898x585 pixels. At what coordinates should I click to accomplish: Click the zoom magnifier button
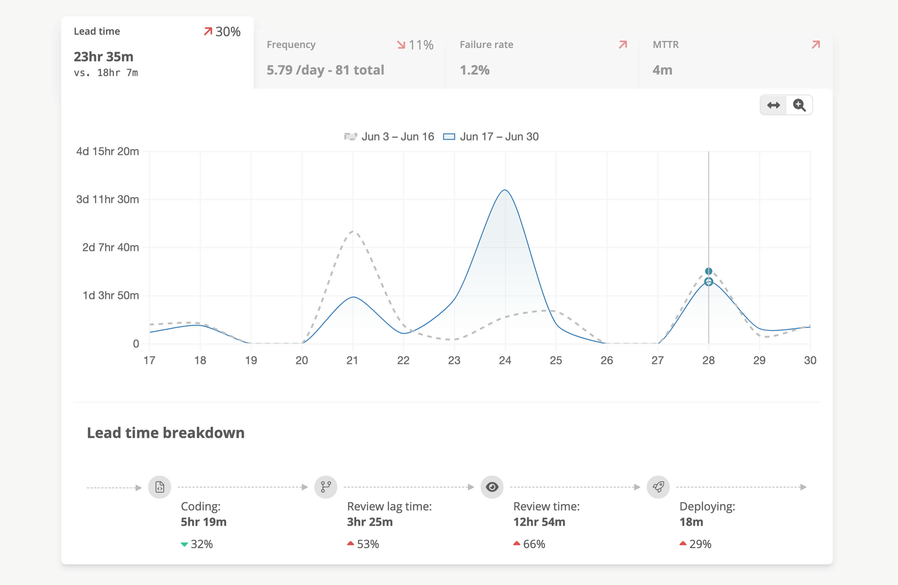point(799,105)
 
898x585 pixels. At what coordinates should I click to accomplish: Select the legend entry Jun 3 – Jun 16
point(389,136)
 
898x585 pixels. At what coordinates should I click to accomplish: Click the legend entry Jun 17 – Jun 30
point(491,136)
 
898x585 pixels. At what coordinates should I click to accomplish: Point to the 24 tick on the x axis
point(505,360)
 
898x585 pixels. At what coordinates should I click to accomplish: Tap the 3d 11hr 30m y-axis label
point(108,199)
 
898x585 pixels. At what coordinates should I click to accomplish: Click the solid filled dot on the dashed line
point(709,271)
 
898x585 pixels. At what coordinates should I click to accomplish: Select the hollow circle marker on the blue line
point(709,282)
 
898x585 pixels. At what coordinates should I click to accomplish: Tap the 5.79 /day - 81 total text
point(325,70)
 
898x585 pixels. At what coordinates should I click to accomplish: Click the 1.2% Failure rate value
point(475,70)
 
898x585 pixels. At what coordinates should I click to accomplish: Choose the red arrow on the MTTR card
point(816,44)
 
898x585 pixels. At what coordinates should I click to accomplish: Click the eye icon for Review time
point(492,487)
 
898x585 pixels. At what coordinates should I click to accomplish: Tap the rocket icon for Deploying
point(658,487)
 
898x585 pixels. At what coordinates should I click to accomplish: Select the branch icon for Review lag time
point(326,487)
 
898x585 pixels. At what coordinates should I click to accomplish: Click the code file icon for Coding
point(160,487)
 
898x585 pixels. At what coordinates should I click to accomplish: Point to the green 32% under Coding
point(198,544)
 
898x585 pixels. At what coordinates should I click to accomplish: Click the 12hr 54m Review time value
point(539,522)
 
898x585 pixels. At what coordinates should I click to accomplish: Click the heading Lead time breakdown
point(166,433)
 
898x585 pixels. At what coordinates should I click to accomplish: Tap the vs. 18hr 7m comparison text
point(106,73)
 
